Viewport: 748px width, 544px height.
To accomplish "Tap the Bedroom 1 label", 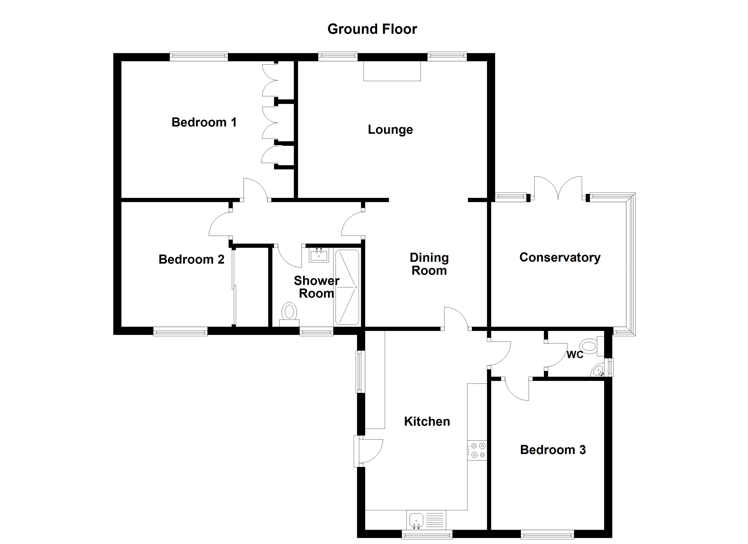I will coord(204,122).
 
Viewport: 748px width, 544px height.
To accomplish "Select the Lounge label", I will coord(390,130).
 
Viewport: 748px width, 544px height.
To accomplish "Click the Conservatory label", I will coord(560,257).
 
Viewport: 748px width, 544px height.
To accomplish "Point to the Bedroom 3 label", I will coord(553,450).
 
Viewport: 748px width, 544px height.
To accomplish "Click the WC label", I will coord(575,355).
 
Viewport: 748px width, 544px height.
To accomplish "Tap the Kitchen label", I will coord(427,422).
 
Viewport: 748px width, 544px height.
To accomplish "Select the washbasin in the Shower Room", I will coord(319,255).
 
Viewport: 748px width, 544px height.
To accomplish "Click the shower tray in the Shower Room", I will coord(347,287).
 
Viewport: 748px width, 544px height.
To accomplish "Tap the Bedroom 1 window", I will coord(199,56).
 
